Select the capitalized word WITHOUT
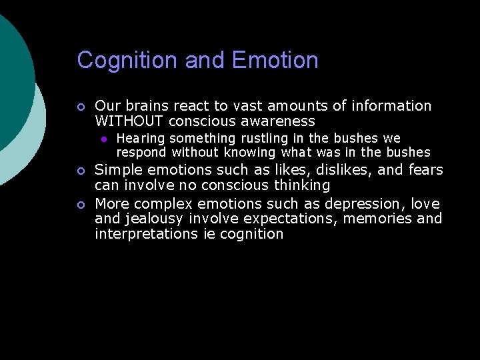pyautogui.click(x=129, y=121)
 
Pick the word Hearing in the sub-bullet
pyautogui.click(x=140, y=138)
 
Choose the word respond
pyautogui.click(x=141, y=152)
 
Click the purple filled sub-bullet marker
pyautogui.click(x=104, y=139)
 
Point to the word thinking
pyautogui.click(x=299, y=185)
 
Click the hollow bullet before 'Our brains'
pyautogui.click(x=80, y=107)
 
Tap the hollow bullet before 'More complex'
pyautogui.click(x=80, y=203)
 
